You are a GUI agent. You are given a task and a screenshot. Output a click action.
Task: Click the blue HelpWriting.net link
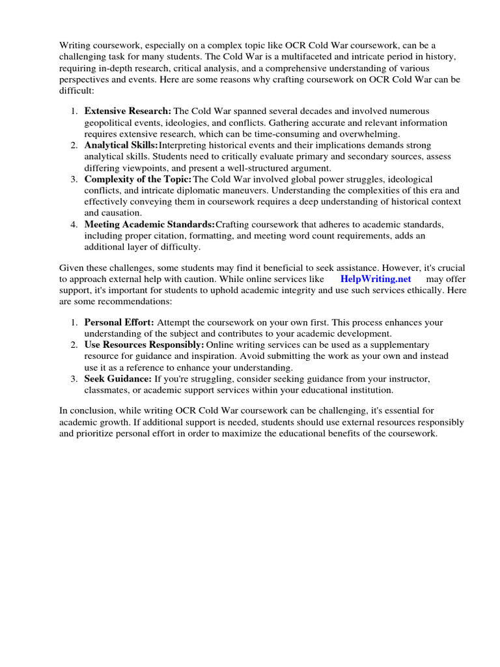[376, 279]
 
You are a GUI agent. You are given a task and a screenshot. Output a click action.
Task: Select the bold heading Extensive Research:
[128, 111]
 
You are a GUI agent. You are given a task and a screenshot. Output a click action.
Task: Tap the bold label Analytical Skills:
[121, 145]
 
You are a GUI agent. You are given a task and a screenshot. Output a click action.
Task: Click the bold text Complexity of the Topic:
[138, 179]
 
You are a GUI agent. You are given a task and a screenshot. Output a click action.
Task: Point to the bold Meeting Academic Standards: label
[150, 224]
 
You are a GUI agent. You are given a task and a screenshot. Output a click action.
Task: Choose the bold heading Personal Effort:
[119, 323]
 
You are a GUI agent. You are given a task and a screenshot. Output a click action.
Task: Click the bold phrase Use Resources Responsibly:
[144, 345]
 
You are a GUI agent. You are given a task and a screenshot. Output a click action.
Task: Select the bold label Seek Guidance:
[118, 379]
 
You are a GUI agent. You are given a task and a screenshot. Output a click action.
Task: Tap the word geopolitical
[109, 123]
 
